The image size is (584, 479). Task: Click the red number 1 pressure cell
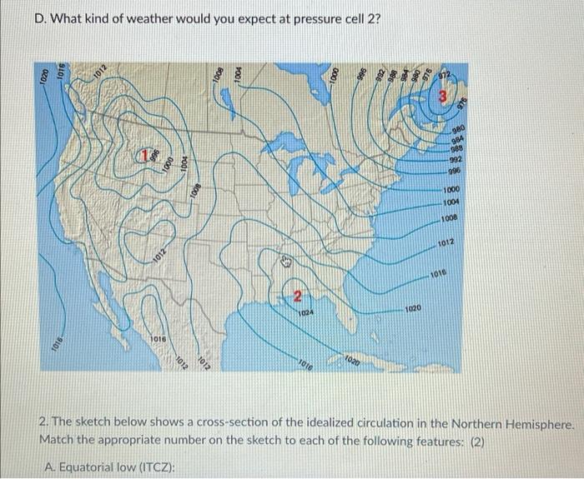(x=144, y=154)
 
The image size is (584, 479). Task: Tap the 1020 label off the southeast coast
(x=415, y=308)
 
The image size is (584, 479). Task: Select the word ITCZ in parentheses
(x=158, y=467)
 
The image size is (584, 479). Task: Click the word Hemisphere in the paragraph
(x=540, y=425)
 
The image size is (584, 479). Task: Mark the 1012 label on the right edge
(x=446, y=242)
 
